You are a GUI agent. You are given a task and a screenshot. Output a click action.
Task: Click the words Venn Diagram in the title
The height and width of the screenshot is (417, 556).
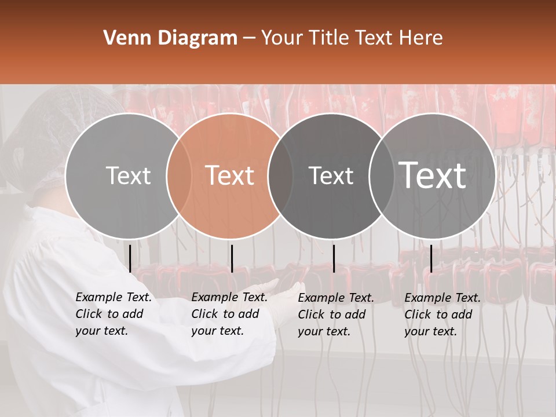(x=170, y=38)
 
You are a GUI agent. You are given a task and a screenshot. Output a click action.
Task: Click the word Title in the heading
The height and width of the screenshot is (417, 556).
(x=330, y=38)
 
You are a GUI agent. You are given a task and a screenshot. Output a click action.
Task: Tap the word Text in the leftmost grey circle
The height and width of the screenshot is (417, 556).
(x=128, y=175)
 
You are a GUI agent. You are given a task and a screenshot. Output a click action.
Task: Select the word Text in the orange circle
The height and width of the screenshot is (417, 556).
(x=229, y=175)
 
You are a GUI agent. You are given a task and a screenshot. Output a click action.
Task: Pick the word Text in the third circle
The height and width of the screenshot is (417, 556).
(x=331, y=175)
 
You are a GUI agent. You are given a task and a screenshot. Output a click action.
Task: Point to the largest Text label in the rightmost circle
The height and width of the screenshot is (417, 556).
(x=433, y=175)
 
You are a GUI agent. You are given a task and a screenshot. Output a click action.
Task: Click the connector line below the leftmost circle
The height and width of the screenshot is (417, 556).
(x=130, y=258)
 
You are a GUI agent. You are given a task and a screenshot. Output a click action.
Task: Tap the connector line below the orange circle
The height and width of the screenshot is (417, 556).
(x=232, y=258)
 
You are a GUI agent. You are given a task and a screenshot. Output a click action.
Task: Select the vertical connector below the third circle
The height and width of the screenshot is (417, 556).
(x=334, y=258)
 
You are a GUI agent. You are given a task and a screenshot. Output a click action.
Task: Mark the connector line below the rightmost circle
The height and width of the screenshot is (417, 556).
(x=431, y=258)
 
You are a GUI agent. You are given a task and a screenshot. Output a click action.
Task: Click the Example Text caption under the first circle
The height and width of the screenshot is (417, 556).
(x=113, y=314)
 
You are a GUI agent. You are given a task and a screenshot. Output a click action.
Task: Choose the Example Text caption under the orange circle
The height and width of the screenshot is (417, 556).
(x=229, y=314)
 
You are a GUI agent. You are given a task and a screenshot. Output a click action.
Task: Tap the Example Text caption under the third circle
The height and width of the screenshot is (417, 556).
(x=335, y=314)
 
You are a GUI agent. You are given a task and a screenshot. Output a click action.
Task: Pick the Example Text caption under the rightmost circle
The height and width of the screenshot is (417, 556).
(x=442, y=314)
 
